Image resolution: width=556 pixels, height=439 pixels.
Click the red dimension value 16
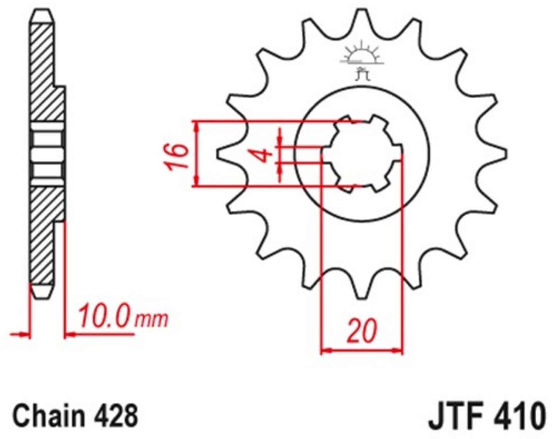pyautogui.click(x=177, y=157)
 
